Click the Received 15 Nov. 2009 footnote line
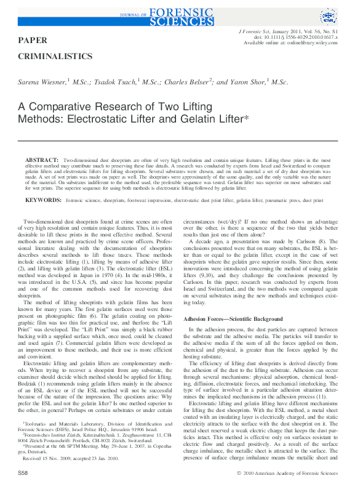(x=62, y=458)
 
